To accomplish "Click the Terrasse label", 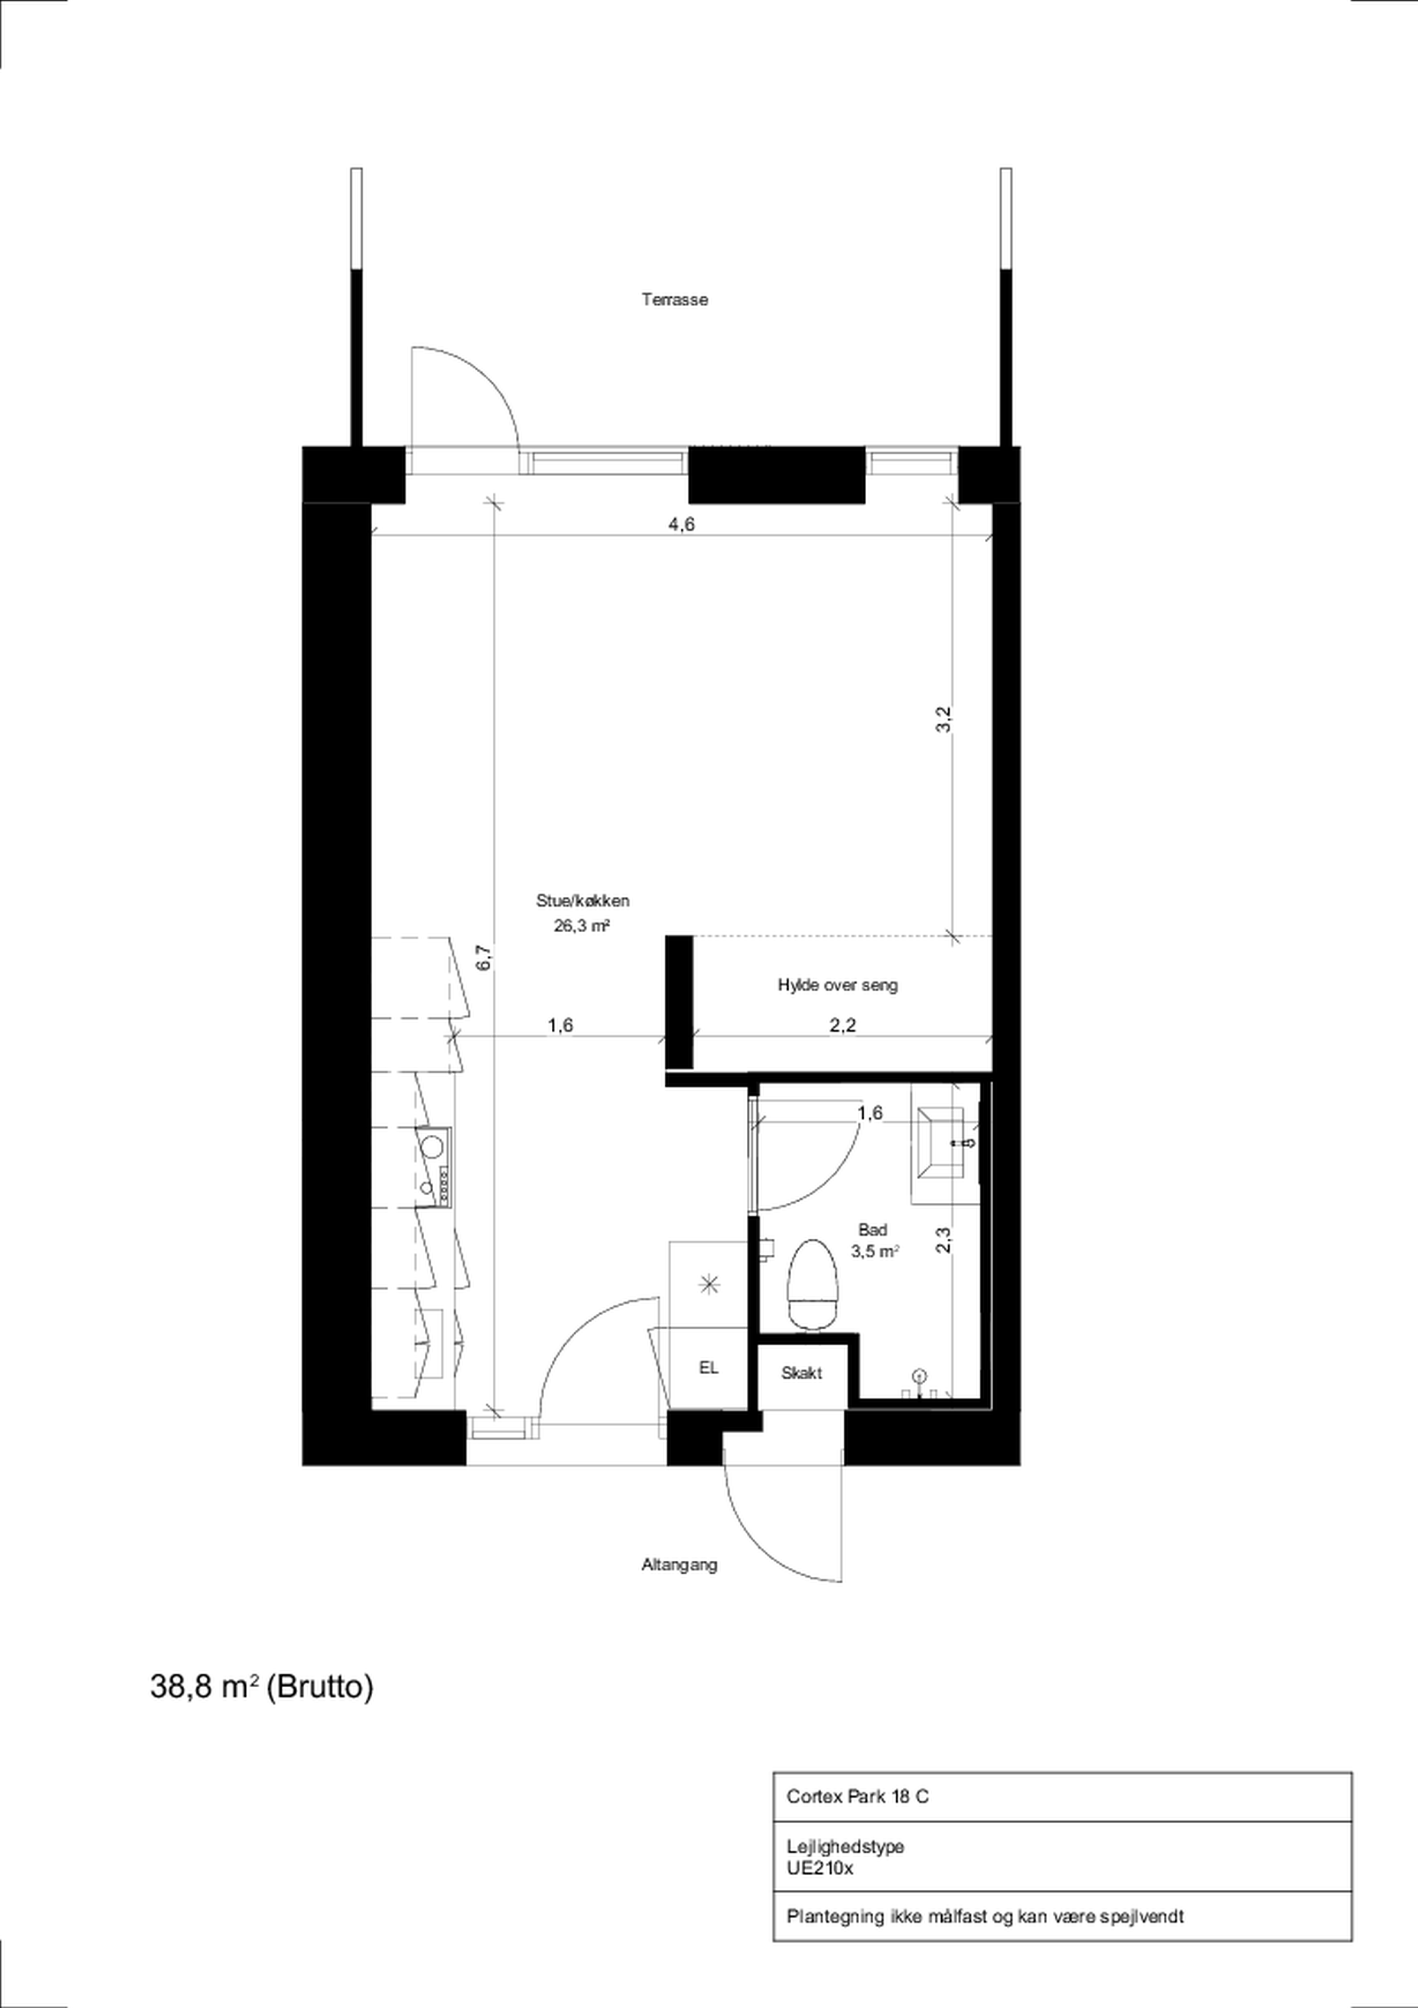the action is pyautogui.click(x=675, y=300).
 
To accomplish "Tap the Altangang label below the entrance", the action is pyautogui.click(x=679, y=1564).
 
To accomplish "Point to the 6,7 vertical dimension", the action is pyautogui.click(x=486, y=958).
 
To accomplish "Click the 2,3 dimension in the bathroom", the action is pyautogui.click(x=943, y=1240).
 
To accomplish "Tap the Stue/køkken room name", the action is pyautogui.click(x=583, y=901).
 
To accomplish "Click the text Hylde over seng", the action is pyautogui.click(x=838, y=985).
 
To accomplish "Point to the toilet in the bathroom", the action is pyautogui.click(x=814, y=1285).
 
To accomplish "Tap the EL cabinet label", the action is pyautogui.click(x=708, y=1368).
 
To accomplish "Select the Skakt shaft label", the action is pyautogui.click(x=801, y=1373).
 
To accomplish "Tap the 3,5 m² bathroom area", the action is pyautogui.click(x=876, y=1251).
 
